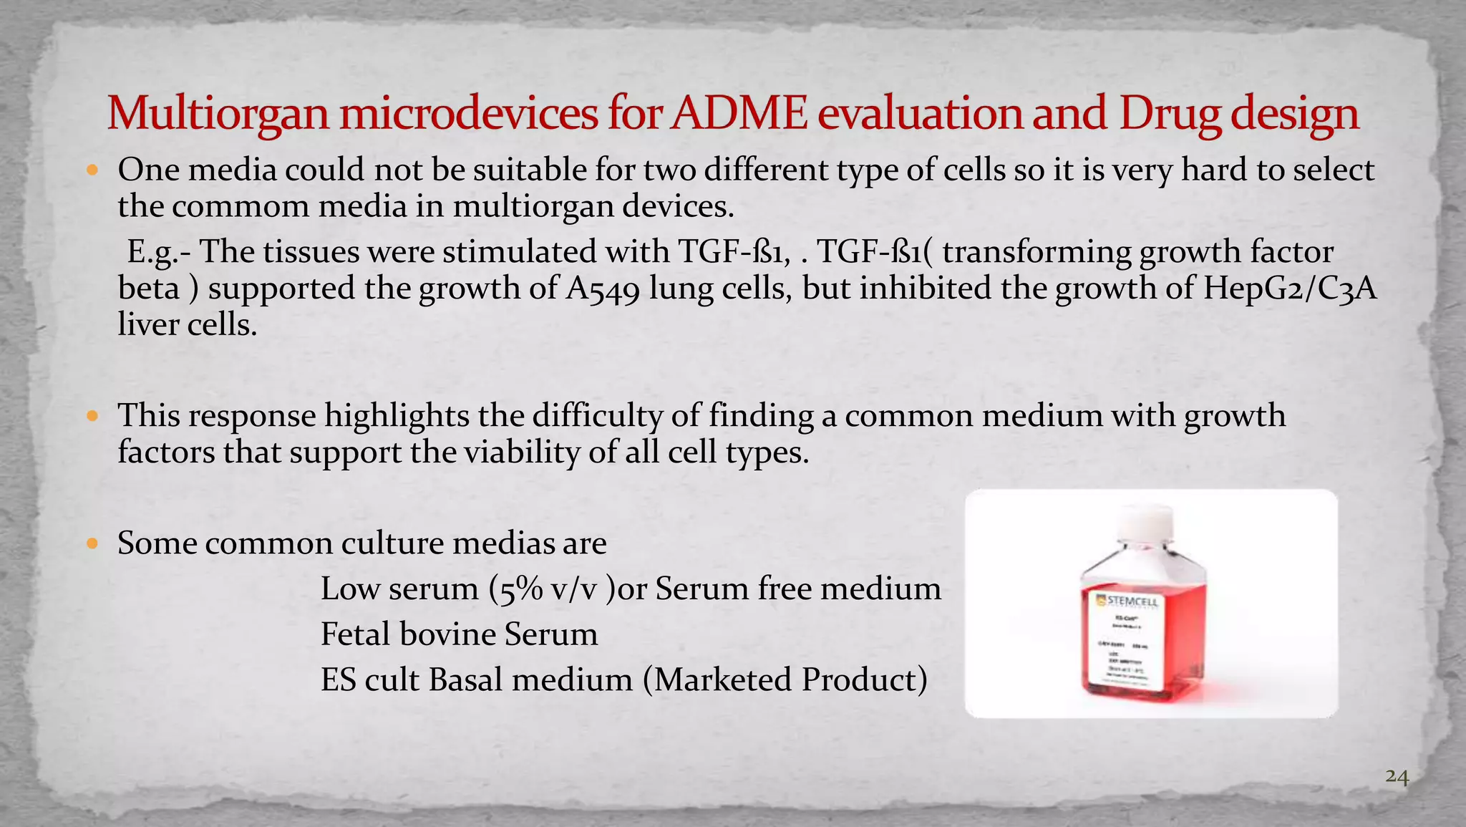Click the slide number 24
click(1397, 776)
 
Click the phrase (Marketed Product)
click(785, 680)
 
